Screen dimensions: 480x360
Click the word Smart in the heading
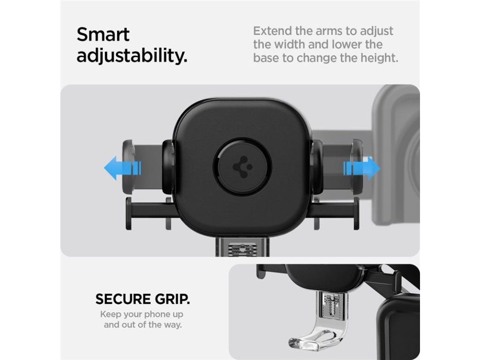click(x=103, y=35)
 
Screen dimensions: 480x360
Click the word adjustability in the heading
click(x=132, y=56)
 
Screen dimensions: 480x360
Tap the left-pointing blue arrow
click(x=122, y=168)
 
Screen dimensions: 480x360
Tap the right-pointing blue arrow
click(x=361, y=168)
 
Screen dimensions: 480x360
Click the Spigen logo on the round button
click(x=242, y=167)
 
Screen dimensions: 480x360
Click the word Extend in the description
click(x=272, y=31)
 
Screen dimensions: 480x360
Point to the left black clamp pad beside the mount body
click(x=168, y=167)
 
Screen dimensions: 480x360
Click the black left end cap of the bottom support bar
click(x=129, y=213)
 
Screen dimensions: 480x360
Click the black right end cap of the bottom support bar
click(x=356, y=213)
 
